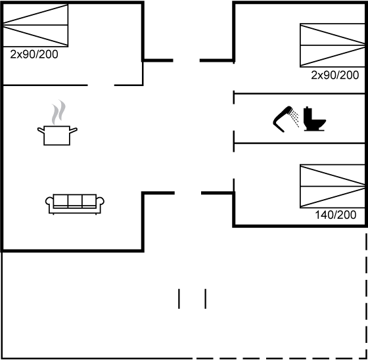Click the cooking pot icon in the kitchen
pyautogui.click(x=57, y=135)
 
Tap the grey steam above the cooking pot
pyautogui.click(x=58, y=112)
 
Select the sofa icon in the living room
pyautogui.click(x=75, y=204)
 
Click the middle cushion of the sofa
pyautogui.click(x=75, y=200)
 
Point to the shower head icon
pyautogui.click(x=283, y=120)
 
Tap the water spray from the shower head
pyautogui.click(x=294, y=118)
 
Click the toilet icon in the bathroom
pyautogui.click(x=315, y=119)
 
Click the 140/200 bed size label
pyautogui.click(x=336, y=215)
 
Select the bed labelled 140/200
pyautogui.click(x=333, y=186)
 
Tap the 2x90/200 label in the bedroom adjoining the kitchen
pyautogui.click(x=34, y=55)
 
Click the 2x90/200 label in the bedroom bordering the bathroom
pyautogui.click(x=335, y=75)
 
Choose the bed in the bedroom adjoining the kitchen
pyautogui.click(x=35, y=25)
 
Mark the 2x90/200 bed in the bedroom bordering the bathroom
pyautogui.click(x=333, y=45)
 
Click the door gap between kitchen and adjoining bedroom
pyautogui.click(x=101, y=85)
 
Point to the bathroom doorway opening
pyautogui.click(x=234, y=118)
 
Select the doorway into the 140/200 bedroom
pyautogui.click(x=234, y=165)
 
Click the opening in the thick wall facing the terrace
pyautogui.click(x=188, y=193)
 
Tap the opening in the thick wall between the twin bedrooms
pyautogui.click(x=187, y=60)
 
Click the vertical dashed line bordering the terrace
pyautogui.click(x=366, y=296)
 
